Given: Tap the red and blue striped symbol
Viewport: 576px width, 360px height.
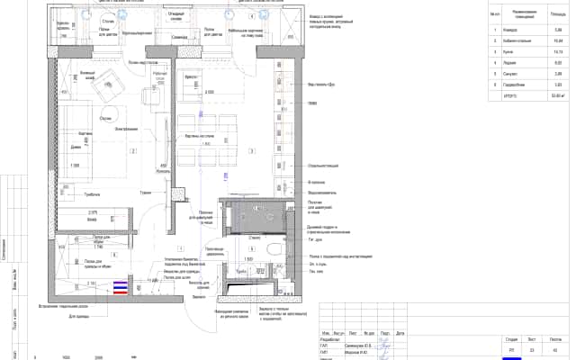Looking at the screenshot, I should pyautogui.click(x=120, y=288).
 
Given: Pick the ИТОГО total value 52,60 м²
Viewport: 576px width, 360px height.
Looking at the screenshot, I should pyautogui.click(x=534, y=93).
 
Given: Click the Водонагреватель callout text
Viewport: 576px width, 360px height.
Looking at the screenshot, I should pyautogui.click(x=322, y=191).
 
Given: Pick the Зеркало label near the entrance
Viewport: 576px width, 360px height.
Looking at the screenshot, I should pyautogui.click(x=199, y=294).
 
